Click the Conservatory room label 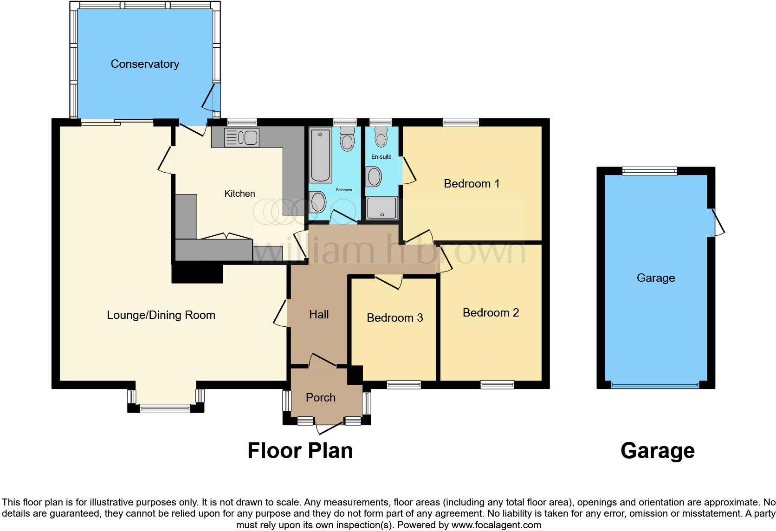click(x=145, y=64)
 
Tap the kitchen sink click(x=241, y=138)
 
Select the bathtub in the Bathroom click(x=321, y=156)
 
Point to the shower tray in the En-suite click(x=382, y=208)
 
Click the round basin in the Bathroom click(x=318, y=202)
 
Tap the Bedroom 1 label click(x=472, y=184)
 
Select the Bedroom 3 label click(x=394, y=318)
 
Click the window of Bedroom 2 click(x=497, y=384)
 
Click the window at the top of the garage click(x=649, y=171)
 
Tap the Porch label click(x=321, y=398)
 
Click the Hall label click(x=319, y=315)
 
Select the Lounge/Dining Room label click(x=161, y=315)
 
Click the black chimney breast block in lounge click(x=197, y=274)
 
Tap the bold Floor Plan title click(x=300, y=451)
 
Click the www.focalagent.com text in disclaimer click(x=496, y=525)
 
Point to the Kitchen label click(x=239, y=194)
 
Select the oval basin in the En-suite click(x=374, y=177)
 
